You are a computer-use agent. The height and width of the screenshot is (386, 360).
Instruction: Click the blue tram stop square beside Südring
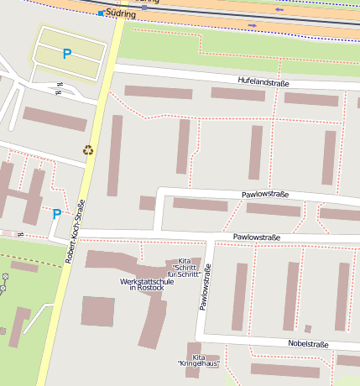(x=101, y=13)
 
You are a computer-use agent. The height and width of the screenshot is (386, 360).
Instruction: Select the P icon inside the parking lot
(x=66, y=54)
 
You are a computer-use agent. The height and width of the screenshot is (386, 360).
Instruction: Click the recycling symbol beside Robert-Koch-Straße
(x=88, y=150)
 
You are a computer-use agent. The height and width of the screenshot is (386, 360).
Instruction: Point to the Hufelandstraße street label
(x=264, y=80)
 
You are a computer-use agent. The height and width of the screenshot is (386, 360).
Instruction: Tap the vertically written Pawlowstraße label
(x=204, y=287)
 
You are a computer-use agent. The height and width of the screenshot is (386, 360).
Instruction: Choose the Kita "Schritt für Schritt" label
(x=184, y=268)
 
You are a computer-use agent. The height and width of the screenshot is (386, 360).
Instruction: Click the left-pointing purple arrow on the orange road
(x=279, y=10)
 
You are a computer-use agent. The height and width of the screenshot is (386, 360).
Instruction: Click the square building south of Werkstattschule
(x=97, y=311)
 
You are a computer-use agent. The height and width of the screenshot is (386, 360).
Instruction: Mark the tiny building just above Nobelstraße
(x=308, y=328)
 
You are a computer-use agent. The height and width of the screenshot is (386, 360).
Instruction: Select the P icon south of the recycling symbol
(x=56, y=214)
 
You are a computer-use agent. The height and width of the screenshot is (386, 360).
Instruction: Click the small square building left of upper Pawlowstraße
(x=148, y=203)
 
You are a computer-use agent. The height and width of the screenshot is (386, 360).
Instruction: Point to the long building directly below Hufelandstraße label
(x=237, y=94)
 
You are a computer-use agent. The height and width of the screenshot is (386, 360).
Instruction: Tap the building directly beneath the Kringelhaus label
(x=192, y=375)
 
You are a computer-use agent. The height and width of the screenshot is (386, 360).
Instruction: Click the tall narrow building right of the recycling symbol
(x=115, y=155)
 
